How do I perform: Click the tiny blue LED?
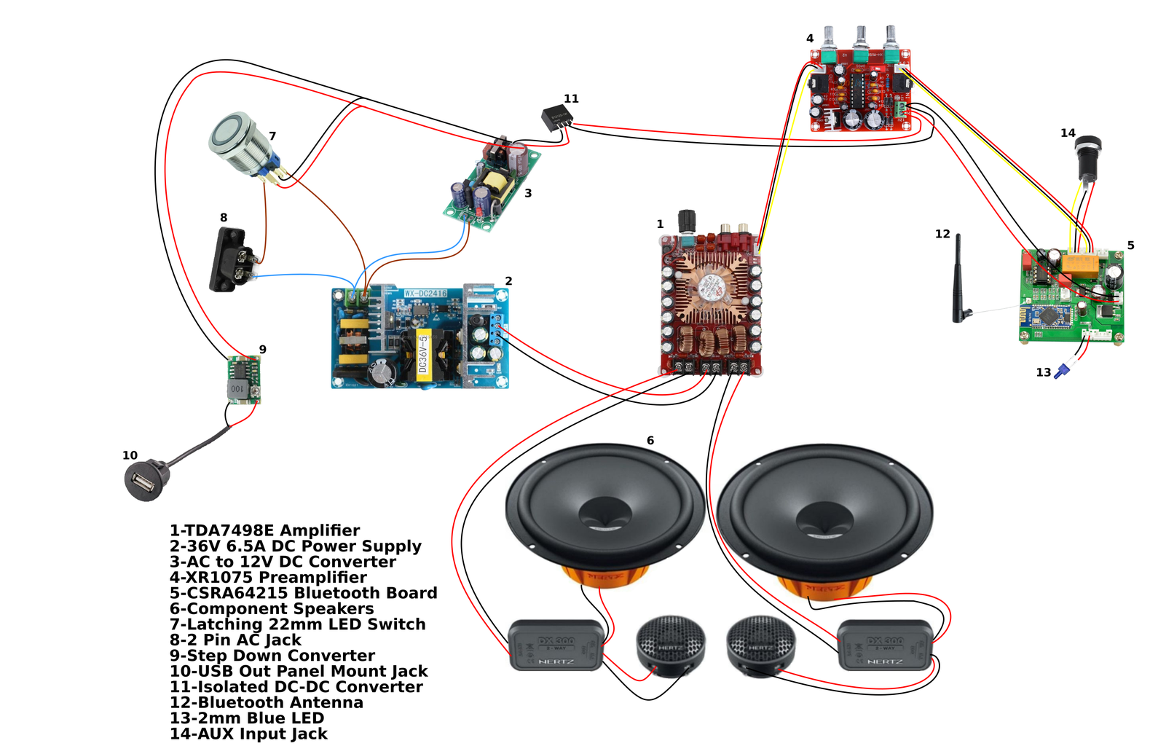pos(1063,371)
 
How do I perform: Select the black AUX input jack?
pos(1089,156)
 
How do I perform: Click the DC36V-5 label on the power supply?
pos(422,354)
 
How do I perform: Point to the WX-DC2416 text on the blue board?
pos(426,294)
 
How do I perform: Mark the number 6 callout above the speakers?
pos(650,441)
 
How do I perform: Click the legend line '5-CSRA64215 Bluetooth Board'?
pos(304,593)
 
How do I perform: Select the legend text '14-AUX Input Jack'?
pos(249,734)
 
